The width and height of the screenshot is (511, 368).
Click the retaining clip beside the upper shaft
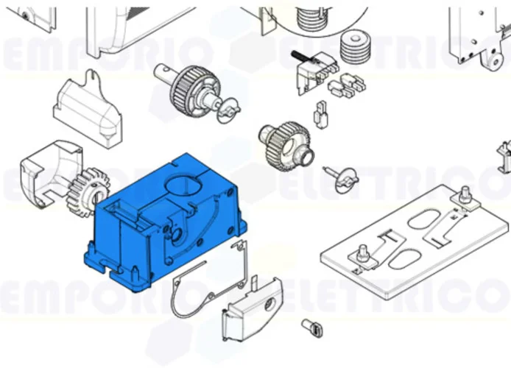point(229,111)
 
